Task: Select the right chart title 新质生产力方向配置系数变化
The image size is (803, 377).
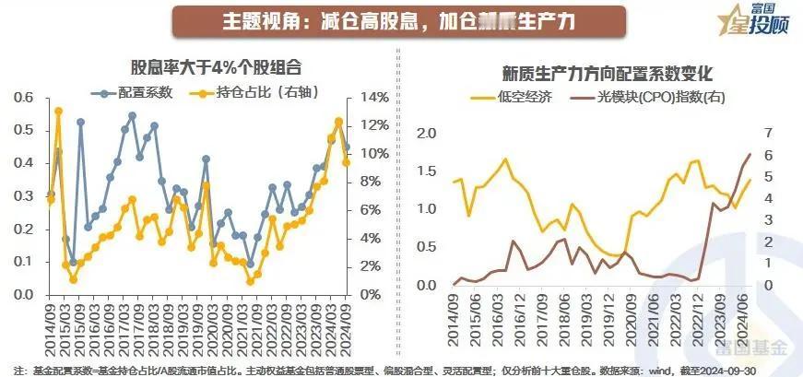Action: point(608,72)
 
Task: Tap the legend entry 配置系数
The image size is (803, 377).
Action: point(138,92)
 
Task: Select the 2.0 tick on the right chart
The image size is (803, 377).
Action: point(425,133)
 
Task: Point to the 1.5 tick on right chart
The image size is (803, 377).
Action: point(425,171)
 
